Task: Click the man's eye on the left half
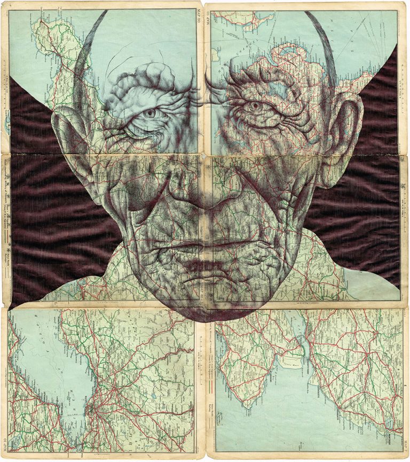[151, 113]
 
